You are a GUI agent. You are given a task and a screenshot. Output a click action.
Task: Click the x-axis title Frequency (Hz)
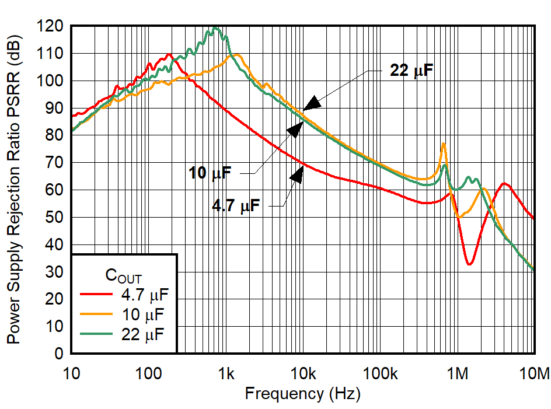click(302, 394)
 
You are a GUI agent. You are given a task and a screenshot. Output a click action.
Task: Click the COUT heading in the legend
click(123, 274)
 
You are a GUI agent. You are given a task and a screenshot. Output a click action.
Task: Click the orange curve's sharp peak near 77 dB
click(444, 144)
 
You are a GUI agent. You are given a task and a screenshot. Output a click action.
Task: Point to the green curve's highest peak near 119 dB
click(215, 28)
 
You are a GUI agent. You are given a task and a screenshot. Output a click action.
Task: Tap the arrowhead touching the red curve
click(298, 174)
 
